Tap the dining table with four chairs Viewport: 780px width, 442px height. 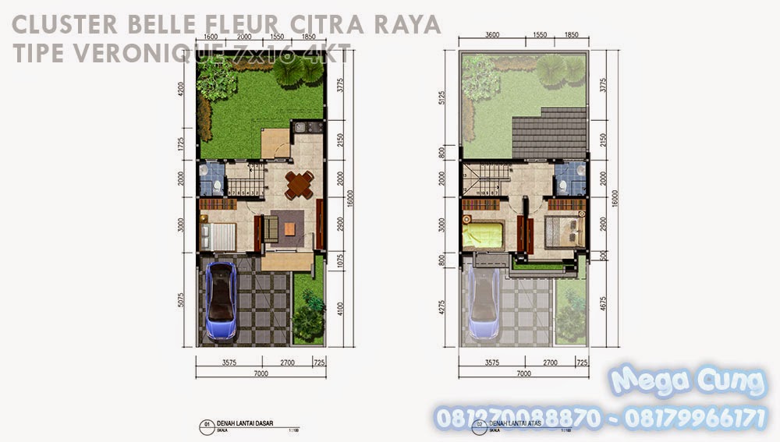pyautogui.click(x=300, y=184)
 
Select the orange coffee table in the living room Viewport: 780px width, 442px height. pyautogui.click(x=289, y=228)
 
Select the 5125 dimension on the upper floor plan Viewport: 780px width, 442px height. pyautogui.click(x=441, y=99)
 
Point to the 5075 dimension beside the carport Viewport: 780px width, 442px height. pyautogui.click(x=182, y=299)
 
